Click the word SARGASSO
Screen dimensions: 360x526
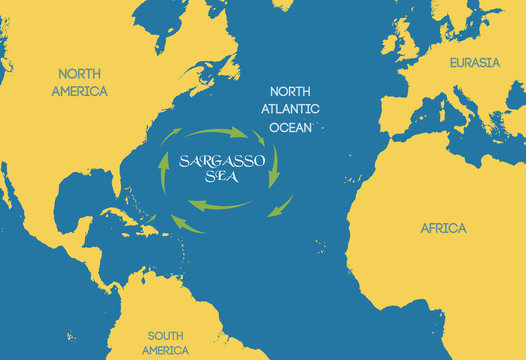pos(216,161)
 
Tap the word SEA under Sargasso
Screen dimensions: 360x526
pos(216,179)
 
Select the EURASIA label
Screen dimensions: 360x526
pos(473,63)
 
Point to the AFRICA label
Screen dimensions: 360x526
pos(443,228)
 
